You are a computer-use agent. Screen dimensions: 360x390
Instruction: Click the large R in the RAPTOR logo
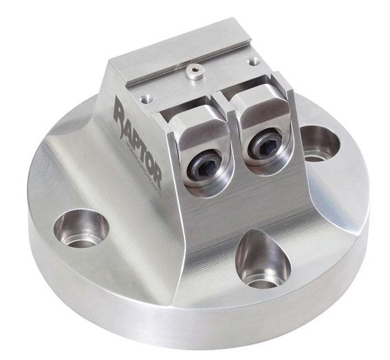122,110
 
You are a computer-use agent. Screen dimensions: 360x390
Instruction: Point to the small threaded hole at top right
255,61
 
